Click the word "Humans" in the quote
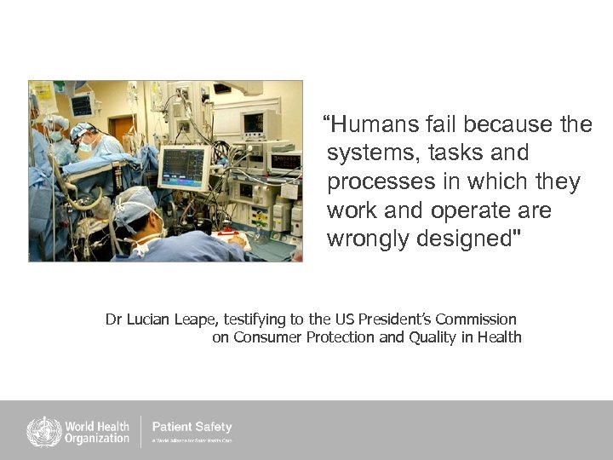tap(371, 125)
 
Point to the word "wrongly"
tap(368, 239)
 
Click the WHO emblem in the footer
tap(43, 432)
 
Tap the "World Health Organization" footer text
tap(97, 432)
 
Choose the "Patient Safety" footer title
tap(192, 427)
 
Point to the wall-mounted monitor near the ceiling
tap(82, 105)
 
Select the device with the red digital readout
tap(284, 159)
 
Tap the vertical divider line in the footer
tap(140, 431)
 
